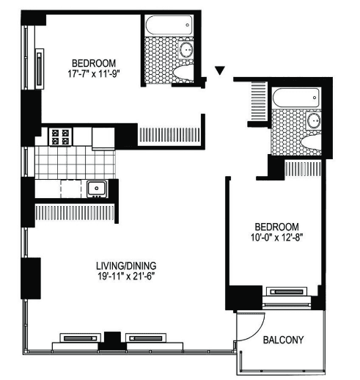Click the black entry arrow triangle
[x=220, y=70]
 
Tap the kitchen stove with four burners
[x=60, y=137]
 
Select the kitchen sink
[x=97, y=189]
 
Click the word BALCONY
[x=283, y=340]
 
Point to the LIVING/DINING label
[x=126, y=266]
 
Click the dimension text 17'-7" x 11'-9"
[x=95, y=74]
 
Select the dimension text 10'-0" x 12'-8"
[x=276, y=238]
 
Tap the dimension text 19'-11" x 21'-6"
[x=126, y=277]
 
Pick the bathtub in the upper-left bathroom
[x=169, y=25]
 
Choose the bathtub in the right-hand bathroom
[x=295, y=98]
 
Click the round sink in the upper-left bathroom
[x=186, y=50]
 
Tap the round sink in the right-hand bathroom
[x=314, y=121]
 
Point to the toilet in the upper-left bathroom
[x=183, y=73]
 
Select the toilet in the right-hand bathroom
[x=311, y=142]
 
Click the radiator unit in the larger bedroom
[x=40, y=69]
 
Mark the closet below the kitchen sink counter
[x=75, y=213]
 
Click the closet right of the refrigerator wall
[x=170, y=135]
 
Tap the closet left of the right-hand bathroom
[x=258, y=101]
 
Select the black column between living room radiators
[x=112, y=340]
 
